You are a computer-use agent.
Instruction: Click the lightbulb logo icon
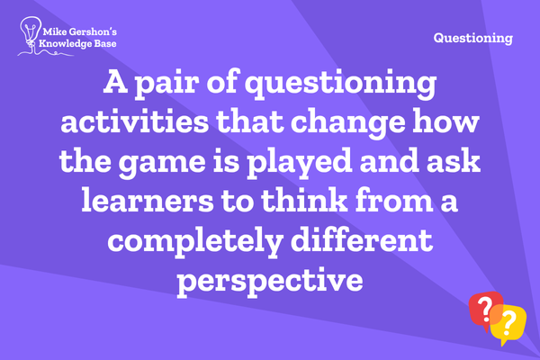coord(31,34)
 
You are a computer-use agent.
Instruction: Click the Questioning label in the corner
coord(473,38)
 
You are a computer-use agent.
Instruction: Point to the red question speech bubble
coord(484,310)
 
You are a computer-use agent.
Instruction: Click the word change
coord(347,123)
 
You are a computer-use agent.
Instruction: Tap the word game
coord(162,163)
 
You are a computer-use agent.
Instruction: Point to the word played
coord(300,163)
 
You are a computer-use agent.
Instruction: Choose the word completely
coord(195,241)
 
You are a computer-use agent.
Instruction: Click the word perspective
coord(270,282)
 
